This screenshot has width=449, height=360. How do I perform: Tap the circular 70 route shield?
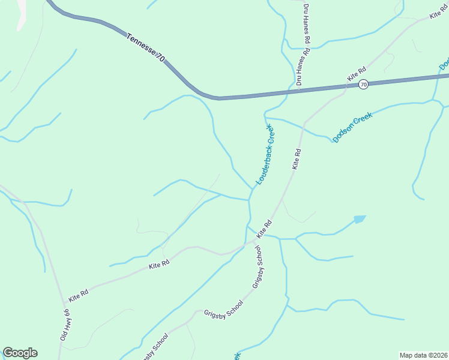coord(363,85)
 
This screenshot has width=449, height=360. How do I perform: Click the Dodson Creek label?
coord(352,127)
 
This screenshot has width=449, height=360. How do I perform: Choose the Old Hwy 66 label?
coord(65,325)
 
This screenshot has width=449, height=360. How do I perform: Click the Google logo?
coord(20,353)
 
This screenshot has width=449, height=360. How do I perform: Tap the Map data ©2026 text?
coord(423,355)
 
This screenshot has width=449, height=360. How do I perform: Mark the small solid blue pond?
coord(360,219)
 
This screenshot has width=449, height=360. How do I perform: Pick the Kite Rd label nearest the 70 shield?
coord(357,74)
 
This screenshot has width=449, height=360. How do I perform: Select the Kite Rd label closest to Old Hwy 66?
coord(79,295)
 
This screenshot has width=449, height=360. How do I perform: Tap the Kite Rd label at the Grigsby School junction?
coord(265,229)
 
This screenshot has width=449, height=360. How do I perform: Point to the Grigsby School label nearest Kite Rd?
coord(258,267)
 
